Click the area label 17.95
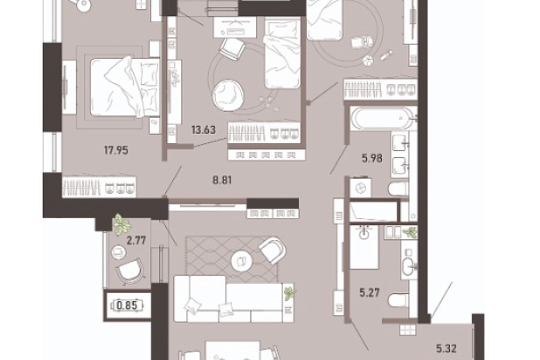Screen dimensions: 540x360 click(x=116, y=150)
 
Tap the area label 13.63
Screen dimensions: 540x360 click(x=204, y=130)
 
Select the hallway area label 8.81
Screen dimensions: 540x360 click(x=222, y=180)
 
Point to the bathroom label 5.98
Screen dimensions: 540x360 click(x=372, y=158)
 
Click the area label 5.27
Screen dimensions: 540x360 click(x=370, y=293)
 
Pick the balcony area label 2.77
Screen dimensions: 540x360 click(x=137, y=240)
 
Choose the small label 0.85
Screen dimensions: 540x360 click(x=127, y=306)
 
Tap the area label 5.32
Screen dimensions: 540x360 click(x=446, y=348)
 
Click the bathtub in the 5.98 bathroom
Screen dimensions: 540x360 click(x=381, y=119)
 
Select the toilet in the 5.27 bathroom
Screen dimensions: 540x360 click(x=399, y=301)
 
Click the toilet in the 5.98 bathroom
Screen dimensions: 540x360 click(x=399, y=189)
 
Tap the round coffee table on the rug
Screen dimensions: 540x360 click(x=242, y=260)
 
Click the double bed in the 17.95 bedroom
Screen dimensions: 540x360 click(x=125, y=88)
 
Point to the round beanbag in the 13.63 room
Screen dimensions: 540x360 click(x=228, y=95)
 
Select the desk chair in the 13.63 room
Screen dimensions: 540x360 click(x=232, y=48)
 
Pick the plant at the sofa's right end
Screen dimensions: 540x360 click(x=289, y=293)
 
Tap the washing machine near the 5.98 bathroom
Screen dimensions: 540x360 click(x=361, y=188)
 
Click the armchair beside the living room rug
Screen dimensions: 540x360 click(x=273, y=249)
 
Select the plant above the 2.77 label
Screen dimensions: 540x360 click(x=122, y=224)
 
